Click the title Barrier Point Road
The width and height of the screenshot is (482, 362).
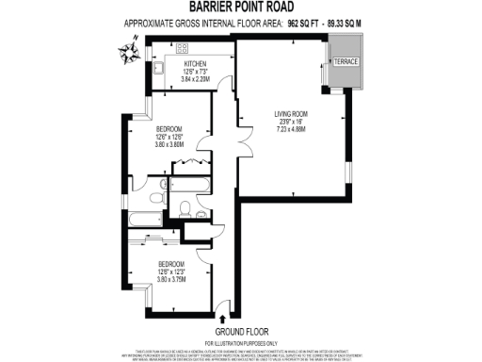[x=240, y=8]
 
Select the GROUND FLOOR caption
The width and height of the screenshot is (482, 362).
[x=240, y=332]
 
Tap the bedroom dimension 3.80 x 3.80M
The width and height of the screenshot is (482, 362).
[x=169, y=146]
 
